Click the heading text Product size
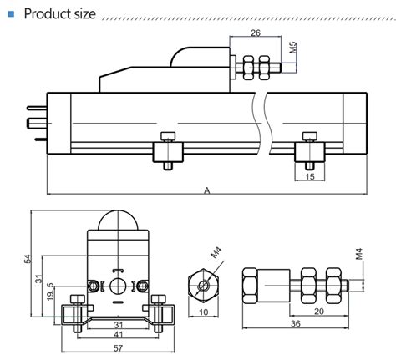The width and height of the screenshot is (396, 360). click(61, 14)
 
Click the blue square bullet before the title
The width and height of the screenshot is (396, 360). click(11, 14)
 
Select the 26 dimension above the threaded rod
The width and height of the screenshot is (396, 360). click(256, 34)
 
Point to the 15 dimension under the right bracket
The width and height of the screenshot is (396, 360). click(310, 177)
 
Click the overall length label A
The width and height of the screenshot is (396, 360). click(206, 190)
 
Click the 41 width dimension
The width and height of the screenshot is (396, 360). click(118, 335)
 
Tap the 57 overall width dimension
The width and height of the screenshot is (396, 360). click(118, 348)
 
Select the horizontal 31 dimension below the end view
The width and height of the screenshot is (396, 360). click(118, 324)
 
